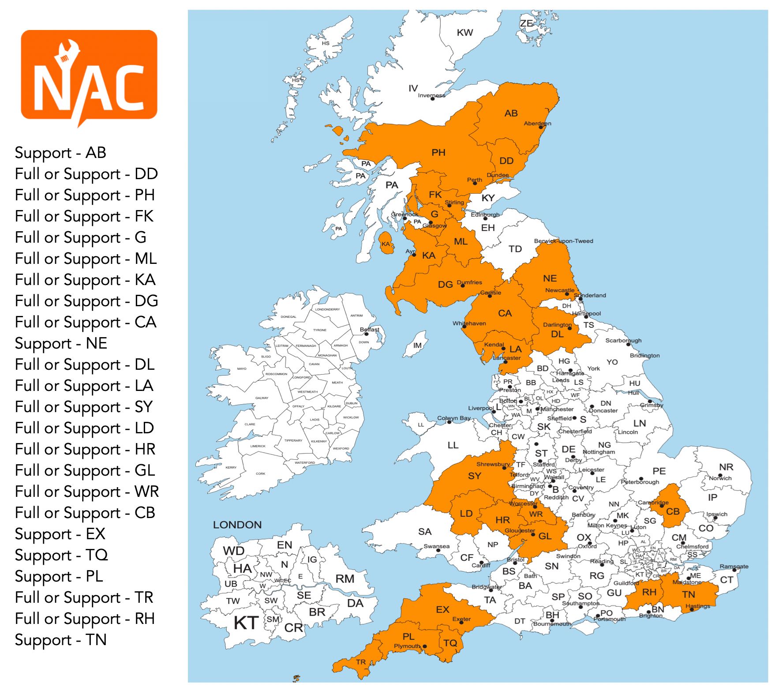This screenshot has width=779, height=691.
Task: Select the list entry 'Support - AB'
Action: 60,153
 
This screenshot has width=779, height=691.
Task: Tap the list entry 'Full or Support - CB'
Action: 85,513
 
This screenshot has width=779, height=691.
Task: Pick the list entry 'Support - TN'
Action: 60,640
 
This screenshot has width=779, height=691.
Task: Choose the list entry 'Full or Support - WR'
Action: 86,492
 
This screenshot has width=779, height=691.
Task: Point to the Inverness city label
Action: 431,95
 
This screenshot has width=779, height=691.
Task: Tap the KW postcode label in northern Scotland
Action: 464,33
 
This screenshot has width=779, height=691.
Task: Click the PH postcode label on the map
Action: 438,153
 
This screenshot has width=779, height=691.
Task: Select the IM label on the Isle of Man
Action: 417,345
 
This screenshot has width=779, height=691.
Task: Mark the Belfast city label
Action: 369,329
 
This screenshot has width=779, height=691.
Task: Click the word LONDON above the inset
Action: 237,525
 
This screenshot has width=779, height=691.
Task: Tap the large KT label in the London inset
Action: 246,623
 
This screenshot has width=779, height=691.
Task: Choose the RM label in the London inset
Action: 345,578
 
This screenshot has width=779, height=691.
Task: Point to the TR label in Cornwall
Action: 361,662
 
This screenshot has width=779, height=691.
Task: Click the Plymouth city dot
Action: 424,646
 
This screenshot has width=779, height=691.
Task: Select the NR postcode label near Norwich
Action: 726,467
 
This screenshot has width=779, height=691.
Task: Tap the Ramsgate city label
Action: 734,566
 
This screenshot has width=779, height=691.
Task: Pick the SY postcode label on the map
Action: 474,476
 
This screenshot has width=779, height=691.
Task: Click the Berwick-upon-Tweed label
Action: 563,241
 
